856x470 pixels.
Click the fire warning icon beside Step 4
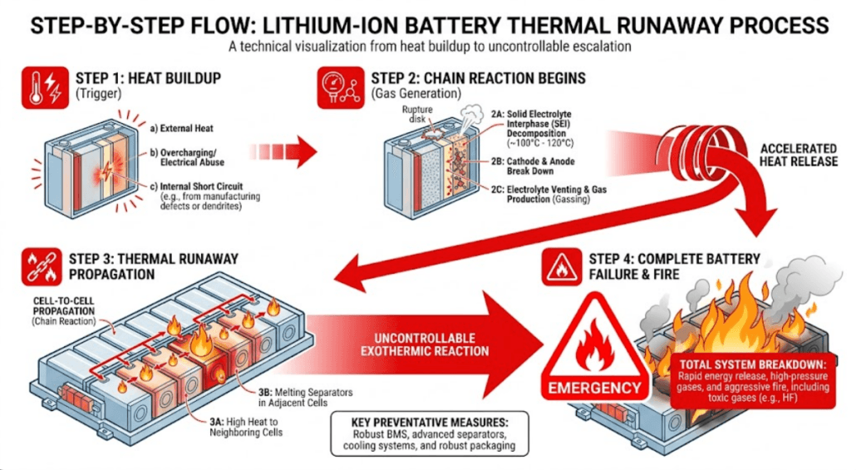562,265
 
